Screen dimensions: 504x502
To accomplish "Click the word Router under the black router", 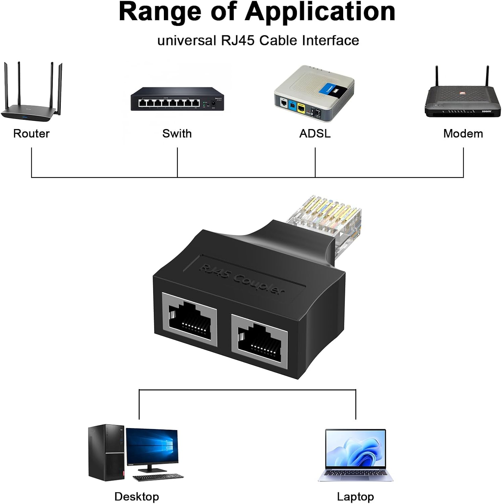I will click(x=31, y=133).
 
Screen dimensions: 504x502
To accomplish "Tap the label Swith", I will click(x=177, y=133).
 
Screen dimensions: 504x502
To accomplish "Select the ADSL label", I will click(x=315, y=133).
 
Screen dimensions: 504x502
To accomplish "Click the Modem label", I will click(x=463, y=133).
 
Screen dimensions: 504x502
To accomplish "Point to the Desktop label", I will click(x=136, y=496).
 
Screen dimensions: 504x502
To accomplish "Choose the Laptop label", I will click(x=355, y=496).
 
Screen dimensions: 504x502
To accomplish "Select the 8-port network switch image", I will click(x=177, y=99).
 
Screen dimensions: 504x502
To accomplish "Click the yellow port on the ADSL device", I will click(x=301, y=108).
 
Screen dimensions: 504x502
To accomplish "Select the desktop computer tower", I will click(x=106, y=452).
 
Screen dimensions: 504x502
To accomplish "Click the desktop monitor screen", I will click(x=152, y=445).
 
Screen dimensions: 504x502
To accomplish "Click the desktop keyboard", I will click(x=158, y=477).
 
